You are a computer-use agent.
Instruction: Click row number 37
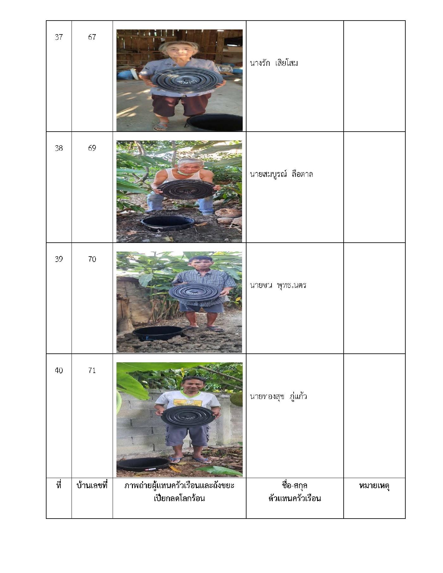[59, 37]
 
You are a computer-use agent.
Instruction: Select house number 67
[92, 37]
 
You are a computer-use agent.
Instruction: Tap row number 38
[59, 148]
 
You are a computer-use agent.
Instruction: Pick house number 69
[92, 148]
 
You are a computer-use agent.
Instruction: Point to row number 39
[59, 259]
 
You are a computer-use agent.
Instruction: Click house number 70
[92, 259]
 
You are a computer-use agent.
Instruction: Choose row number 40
[59, 370]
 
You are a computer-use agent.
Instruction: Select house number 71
[92, 370]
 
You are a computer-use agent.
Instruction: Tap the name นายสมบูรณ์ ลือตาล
[281, 174]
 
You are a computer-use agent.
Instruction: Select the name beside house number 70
[278, 285]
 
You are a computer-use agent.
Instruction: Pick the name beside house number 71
[278, 396]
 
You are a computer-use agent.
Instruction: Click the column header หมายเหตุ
[374, 486]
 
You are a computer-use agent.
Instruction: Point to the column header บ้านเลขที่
[92, 485]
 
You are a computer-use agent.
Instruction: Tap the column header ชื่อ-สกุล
[295, 485]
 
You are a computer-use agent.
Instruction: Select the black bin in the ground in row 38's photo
[167, 224]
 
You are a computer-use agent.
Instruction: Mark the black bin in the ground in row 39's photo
[158, 333]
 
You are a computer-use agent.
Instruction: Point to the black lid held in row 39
[194, 292]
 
